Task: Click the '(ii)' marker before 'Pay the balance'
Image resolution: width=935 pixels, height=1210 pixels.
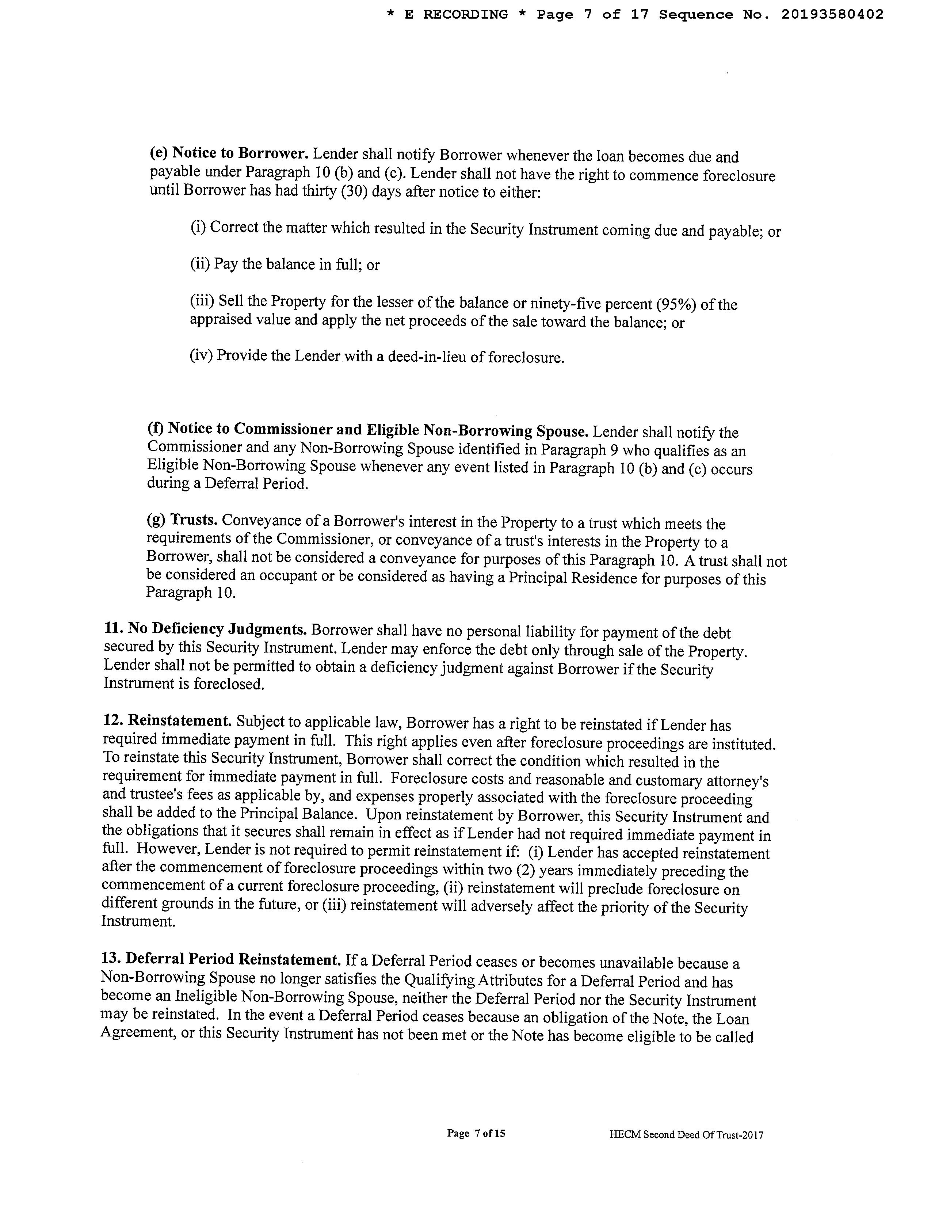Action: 200,264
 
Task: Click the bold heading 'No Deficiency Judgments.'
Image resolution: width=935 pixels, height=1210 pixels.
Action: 217,629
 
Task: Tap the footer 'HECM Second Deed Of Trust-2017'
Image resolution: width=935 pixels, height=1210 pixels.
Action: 686,1135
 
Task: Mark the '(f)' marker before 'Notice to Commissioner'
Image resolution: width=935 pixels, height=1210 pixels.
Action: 155,428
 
